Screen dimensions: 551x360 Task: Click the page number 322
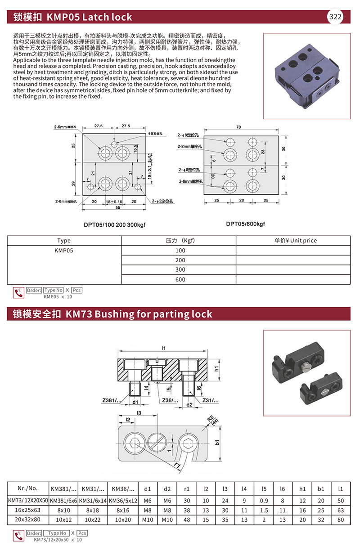point(336,17)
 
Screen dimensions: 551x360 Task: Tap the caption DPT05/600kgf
point(245,224)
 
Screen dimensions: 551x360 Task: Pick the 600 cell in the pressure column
point(180,279)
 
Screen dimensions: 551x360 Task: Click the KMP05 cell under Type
point(64,250)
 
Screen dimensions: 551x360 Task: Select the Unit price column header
point(293,240)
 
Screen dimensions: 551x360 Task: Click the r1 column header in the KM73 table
point(187,488)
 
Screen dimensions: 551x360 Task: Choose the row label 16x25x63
point(28,511)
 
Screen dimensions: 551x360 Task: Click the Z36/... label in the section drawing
point(171,400)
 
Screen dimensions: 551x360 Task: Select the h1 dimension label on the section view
point(216,369)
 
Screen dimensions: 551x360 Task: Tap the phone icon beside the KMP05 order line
point(18,292)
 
